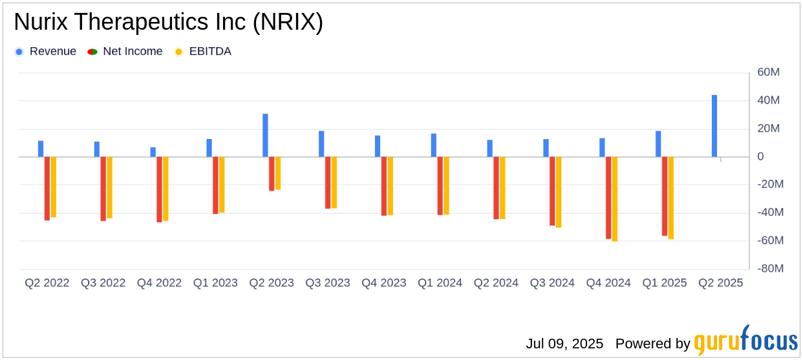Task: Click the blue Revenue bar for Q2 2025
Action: pos(714,126)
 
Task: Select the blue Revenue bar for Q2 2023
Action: pos(265,135)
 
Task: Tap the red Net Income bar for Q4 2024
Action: pos(608,198)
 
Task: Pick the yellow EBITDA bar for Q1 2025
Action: pos(671,198)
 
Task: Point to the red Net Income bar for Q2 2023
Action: pos(272,174)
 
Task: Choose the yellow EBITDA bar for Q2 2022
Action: pos(54,187)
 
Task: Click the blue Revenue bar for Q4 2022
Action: pos(153,152)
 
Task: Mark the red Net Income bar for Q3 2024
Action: pos(552,191)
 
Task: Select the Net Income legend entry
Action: pos(125,52)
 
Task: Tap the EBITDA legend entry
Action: pos(203,52)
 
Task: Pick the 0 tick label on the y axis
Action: pos(761,157)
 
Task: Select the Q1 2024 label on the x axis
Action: pos(440,283)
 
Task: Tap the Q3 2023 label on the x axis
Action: pos(328,283)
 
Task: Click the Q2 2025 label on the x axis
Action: pos(720,283)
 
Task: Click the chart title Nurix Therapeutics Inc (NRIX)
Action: pos(168,23)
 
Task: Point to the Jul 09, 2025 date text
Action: pos(564,343)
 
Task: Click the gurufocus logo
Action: pos(745,341)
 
